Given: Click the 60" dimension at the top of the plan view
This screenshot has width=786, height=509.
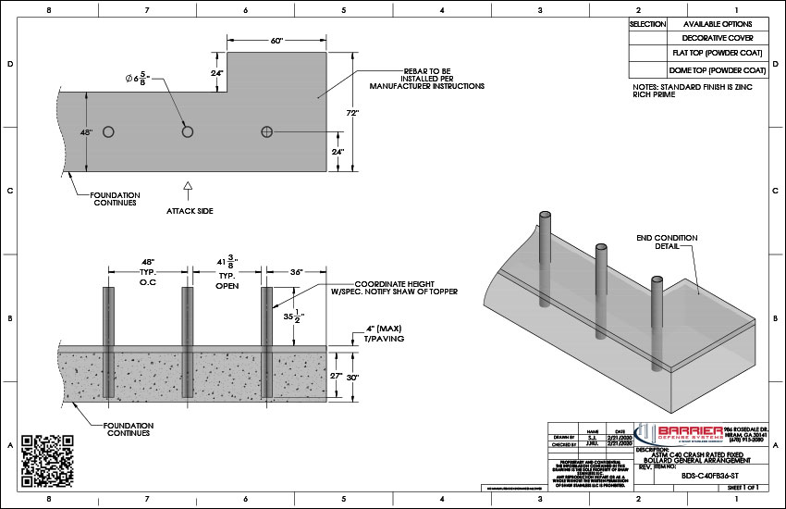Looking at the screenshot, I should [276, 42].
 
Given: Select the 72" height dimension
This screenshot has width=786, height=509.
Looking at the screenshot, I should [352, 112].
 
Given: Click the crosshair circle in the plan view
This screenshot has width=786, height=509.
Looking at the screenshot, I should [267, 132].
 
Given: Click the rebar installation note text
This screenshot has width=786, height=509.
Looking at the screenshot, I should [426, 78].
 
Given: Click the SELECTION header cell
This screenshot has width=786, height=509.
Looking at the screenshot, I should [647, 24].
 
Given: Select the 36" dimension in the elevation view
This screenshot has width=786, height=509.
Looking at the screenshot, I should [297, 273].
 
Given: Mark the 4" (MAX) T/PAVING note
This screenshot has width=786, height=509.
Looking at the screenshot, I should [380, 334].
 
